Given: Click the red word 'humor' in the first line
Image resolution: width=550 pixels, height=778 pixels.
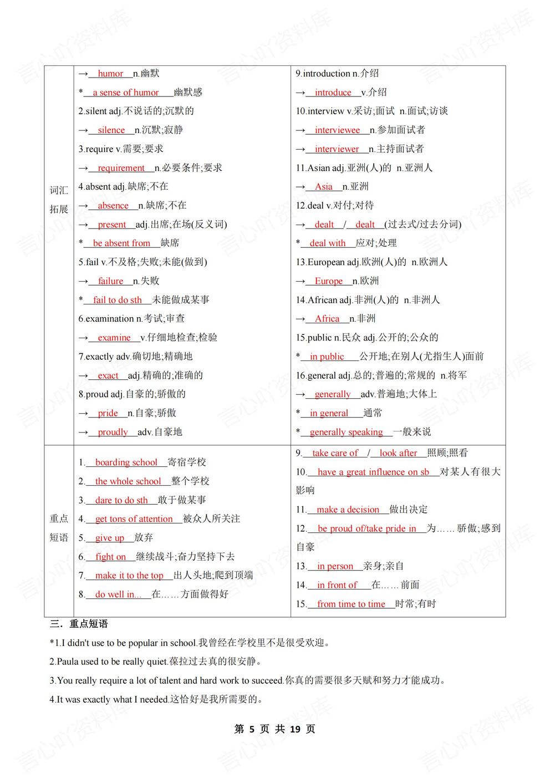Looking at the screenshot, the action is tap(110, 74).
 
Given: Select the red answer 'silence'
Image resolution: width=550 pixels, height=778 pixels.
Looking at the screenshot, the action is tap(111, 130).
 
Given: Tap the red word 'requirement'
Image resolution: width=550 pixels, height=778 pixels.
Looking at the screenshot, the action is tap(121, 168).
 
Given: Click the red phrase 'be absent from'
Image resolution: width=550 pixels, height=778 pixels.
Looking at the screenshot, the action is tap(121, 243).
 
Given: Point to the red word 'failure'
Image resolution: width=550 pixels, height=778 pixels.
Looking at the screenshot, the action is tap(110, 281).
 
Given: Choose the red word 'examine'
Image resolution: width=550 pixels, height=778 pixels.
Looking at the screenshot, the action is tap(114, 338).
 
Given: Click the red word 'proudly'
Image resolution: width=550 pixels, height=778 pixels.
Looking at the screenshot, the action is tap(113, 432).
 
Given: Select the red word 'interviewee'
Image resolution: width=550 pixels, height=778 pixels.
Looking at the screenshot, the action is tap(337, 130).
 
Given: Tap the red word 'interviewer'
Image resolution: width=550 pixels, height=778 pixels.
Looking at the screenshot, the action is tap(337, 149).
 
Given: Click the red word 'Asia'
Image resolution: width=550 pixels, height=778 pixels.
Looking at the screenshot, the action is tap(324, 187).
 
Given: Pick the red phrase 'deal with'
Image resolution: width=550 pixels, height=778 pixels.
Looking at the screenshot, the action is tap(327, 243).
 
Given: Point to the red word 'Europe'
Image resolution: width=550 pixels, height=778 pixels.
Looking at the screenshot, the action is tap(329, 281).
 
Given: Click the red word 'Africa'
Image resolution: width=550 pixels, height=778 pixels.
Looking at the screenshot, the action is tap(327, 319).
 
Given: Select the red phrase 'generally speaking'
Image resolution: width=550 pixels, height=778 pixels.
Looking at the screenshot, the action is tap(346, 432).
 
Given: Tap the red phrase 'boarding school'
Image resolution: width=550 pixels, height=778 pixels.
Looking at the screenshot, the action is tap(126, 462).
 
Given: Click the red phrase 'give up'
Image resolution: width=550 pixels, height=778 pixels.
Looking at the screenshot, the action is tap(110, 538).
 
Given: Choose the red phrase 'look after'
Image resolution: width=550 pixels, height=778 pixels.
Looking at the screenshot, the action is tap(398, 453).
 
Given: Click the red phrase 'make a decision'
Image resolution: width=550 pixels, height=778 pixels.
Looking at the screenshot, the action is tap(348, 510).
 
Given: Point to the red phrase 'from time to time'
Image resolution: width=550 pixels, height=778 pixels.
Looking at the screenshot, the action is tap(351, 604).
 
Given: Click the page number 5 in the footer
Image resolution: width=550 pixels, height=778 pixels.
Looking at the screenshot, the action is tap(252, 729).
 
